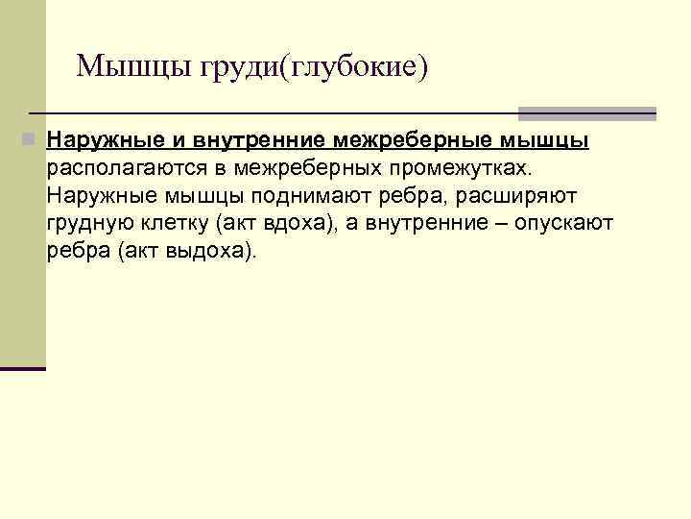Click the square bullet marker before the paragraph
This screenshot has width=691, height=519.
[32, 140]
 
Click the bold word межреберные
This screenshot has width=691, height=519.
[412, 141]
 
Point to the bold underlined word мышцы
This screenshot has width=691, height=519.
[544, 141]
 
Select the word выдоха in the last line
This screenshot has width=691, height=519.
[216, 252]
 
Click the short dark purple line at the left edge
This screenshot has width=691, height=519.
[23, 368]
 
